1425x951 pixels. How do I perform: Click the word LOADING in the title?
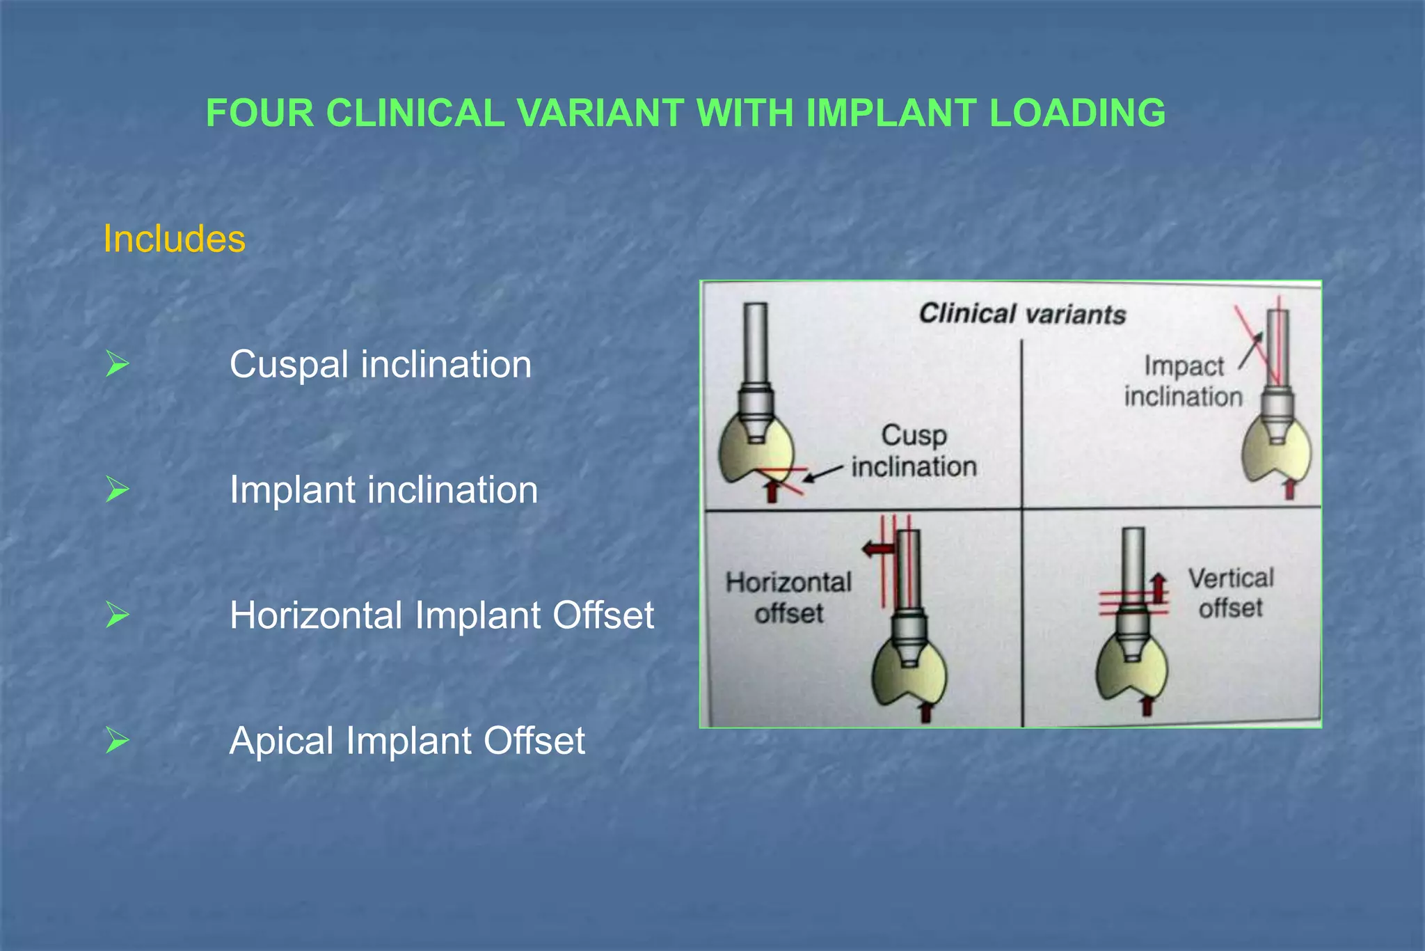point(1076,113)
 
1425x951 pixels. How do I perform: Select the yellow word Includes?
point(174,239)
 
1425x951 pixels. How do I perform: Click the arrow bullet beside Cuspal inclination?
point(117,364)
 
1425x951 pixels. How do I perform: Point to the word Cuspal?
point(288,365)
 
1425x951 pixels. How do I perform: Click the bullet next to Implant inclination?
point(117,489)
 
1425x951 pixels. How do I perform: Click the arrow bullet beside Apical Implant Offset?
point(117,741)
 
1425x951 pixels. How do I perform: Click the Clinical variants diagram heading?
point(1022,314)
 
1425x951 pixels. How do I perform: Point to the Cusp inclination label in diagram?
point(914,451)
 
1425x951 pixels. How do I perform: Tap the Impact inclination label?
point(1184,381)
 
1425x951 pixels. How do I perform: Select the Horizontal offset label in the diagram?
point(788,597)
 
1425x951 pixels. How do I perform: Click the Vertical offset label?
point(1230,593)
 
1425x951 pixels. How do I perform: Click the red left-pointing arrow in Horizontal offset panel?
point(877,549)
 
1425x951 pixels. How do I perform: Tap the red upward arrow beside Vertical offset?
point(1158,588)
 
